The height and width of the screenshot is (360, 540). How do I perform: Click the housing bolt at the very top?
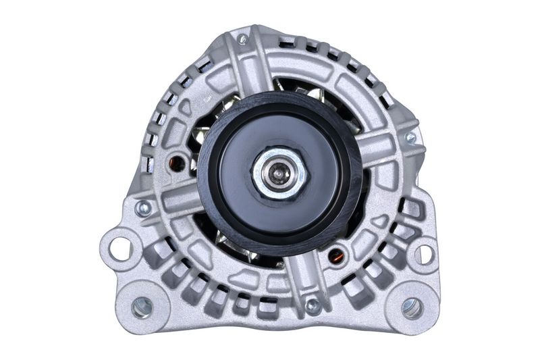point(242,39)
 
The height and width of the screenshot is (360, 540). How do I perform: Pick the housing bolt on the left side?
point(142,207)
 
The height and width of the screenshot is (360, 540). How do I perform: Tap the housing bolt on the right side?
point(410,138)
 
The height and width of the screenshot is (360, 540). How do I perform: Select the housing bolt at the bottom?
point(313,305)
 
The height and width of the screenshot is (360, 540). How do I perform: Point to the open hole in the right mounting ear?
point(424,255)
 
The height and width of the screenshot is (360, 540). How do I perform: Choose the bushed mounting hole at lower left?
point(141,307)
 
